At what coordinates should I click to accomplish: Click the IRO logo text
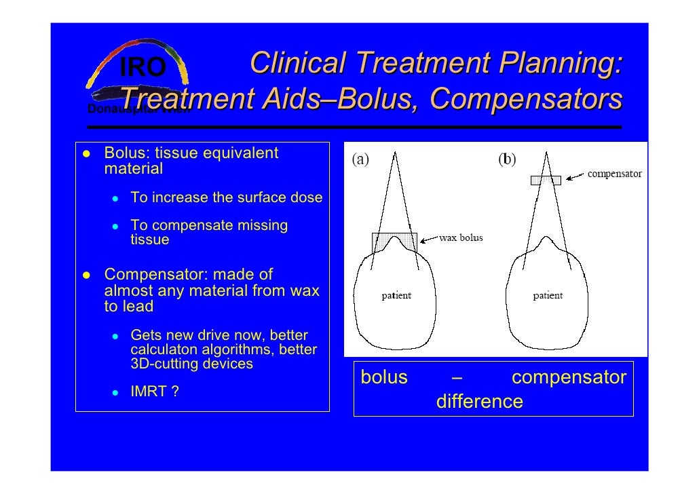tap(143, 67)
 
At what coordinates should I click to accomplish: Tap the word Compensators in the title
tap(526, 99)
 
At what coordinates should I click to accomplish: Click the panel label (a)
tap(360, 160)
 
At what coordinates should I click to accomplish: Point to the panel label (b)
tap(507, 160)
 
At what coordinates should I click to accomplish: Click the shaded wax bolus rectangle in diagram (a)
tap(394, 242)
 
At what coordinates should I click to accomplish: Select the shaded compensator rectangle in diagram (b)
tap(546, 180)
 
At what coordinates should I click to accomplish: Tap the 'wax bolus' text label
tap(461, 238)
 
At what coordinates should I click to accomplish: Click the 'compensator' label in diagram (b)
tap(614, 174)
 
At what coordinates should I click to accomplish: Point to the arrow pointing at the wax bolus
tap(429, 239)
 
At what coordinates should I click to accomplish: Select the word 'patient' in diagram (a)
tap(396, 296)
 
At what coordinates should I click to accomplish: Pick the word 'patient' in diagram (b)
tap(547, 296)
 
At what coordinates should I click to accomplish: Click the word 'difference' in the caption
tap(479, 402)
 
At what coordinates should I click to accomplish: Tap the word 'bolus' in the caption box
tap(383, 377)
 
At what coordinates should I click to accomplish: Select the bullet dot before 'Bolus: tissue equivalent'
tap(87, 153)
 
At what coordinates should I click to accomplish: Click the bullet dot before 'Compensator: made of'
tap(87, 275)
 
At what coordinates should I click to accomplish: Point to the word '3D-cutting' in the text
tap(162, 364)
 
